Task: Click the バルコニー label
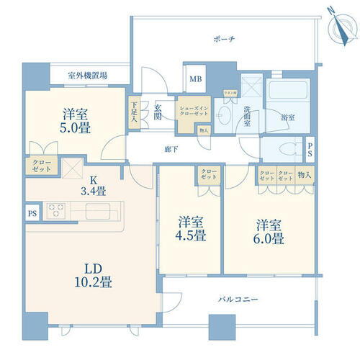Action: (239, 299)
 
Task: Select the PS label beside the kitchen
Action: (31, 212)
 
